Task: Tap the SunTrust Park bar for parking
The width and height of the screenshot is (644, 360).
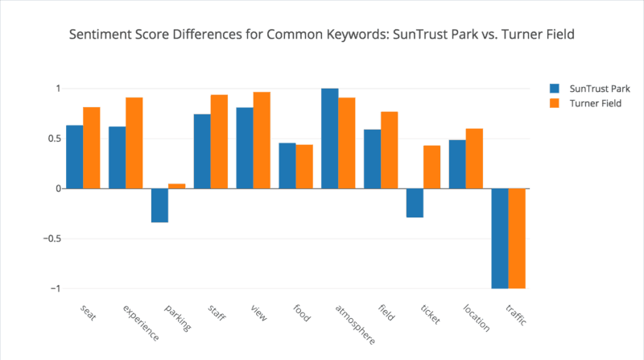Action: pos(159,205)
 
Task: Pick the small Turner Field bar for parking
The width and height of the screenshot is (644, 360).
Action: pos(176,186)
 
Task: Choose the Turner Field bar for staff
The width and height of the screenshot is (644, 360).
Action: pos(219,142)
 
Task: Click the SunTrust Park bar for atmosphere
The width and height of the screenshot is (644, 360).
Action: pos(329,139)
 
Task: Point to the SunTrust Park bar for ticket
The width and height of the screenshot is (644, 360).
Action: pos(415,203)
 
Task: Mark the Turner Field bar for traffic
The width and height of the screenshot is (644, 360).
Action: pos(517,238)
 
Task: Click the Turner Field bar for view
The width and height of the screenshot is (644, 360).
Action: pos(262,140)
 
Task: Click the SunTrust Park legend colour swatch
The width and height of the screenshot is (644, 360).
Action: pos(555,89)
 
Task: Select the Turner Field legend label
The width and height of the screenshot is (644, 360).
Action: pos(596,103)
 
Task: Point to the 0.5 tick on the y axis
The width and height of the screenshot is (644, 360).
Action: pos(51,139)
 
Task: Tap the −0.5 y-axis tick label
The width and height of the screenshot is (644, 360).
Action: pos(47,238)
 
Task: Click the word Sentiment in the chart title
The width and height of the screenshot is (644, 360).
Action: pos(100,36)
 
